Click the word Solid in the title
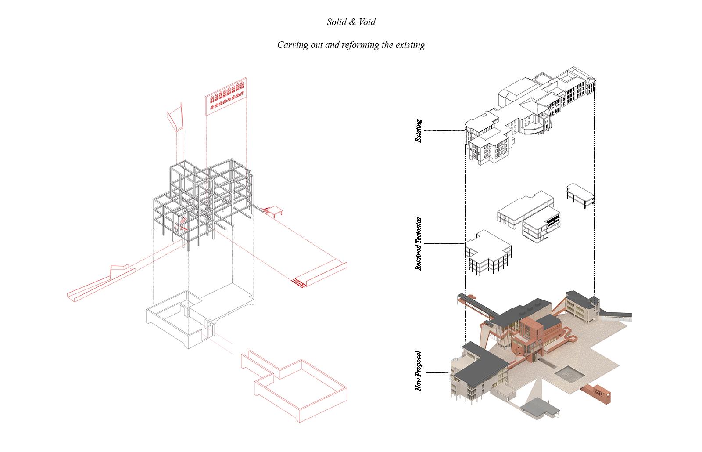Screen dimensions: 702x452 337,22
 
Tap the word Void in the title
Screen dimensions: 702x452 367,22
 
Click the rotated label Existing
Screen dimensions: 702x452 419,131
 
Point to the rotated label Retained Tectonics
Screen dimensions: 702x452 419,244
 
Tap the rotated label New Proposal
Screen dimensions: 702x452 419,371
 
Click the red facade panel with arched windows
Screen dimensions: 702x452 226,97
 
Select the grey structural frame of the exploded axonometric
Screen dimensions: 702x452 203,204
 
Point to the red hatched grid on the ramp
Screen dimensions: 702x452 299,283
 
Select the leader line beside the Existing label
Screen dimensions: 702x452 444,131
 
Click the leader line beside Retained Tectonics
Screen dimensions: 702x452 444,244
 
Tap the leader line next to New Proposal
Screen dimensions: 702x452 437,372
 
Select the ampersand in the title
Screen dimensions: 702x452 353,22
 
